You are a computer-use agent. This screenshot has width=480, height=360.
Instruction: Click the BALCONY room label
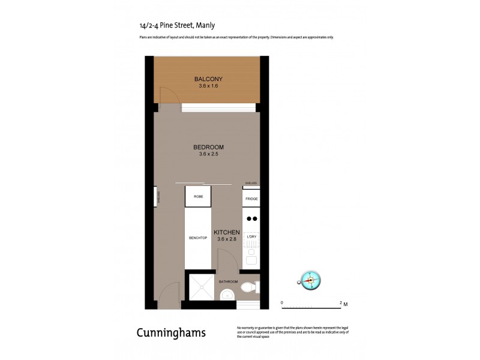(208, 79)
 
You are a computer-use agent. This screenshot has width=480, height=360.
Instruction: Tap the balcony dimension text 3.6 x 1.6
(208, 86)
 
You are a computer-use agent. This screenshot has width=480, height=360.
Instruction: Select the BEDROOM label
(208, 148)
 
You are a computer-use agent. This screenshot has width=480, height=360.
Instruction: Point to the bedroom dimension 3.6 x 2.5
(208, 155)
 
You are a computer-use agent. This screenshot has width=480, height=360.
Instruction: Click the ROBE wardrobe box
(198, 196)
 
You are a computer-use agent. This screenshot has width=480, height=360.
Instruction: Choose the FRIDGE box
(251, 198)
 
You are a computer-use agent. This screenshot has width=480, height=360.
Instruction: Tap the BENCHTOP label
(197, 238)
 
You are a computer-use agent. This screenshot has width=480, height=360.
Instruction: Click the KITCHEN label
(227, 233)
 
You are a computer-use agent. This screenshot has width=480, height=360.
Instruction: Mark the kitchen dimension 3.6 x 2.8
(227, 240)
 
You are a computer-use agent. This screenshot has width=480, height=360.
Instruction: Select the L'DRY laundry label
(252, 238)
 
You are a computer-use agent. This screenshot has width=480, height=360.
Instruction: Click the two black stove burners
(252, 219)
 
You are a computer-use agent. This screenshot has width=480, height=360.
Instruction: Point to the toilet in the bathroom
(249, 289)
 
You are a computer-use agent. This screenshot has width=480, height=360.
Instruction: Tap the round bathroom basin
(227, 295)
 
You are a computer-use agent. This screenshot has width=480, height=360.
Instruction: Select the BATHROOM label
(228, 281)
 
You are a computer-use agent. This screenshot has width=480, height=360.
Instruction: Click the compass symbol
(310, 280)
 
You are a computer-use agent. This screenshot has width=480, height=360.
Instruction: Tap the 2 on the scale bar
(341, 303)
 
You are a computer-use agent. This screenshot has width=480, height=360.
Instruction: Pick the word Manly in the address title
(205, 25)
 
